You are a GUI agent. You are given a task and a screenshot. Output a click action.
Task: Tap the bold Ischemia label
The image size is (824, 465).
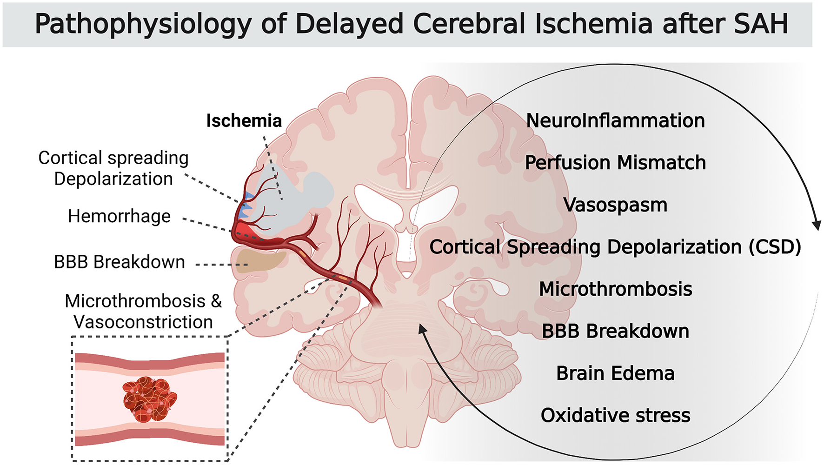[244, 121]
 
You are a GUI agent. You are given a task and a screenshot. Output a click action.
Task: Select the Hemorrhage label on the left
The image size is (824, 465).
[119, 216]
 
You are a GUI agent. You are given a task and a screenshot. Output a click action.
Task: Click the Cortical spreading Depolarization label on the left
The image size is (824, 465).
[113, 168]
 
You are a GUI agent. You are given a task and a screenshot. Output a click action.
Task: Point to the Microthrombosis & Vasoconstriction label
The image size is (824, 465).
[143, 312]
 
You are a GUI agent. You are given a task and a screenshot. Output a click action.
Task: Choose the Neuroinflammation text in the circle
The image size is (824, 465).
[615, 121]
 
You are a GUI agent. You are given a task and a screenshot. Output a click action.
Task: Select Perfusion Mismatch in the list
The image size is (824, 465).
[615, 163]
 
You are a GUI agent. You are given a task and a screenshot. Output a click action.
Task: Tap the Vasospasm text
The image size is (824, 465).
[615, 205]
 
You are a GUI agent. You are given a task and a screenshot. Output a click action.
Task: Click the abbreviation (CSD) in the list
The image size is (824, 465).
[775, 247]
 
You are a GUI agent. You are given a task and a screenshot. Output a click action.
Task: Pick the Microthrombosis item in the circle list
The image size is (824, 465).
[615, 289]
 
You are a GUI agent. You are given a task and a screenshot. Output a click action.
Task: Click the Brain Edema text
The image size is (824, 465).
[615, 373]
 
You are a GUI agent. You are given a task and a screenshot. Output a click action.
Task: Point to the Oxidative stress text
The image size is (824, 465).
[615, 415]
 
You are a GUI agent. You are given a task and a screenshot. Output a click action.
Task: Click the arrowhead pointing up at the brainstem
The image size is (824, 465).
[422, 329]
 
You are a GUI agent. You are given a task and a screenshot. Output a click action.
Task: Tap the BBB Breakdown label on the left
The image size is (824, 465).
[120, 262]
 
